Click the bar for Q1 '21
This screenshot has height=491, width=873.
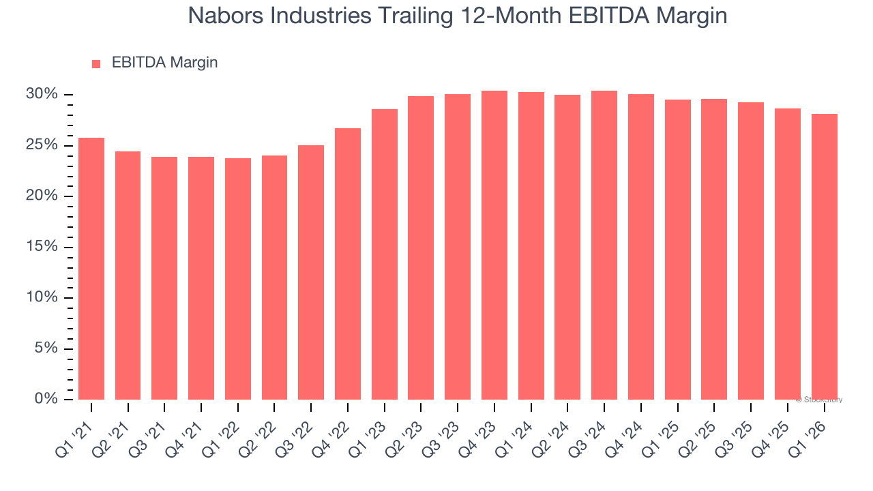point(91,269)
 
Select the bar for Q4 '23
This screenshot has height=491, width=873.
point(494,245)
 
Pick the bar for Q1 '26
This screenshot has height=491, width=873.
point(824,256)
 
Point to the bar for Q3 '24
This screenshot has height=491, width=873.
point(604,245)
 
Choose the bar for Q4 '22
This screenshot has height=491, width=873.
point(348,264)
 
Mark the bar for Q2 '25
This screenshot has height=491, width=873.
point(714,250)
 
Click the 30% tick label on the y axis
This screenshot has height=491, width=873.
point(42,94)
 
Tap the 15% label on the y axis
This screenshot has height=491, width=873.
point(42,247)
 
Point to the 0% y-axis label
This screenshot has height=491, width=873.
point(46,399)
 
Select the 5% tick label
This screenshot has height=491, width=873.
point(46,348)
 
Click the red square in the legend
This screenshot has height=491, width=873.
point(96,63)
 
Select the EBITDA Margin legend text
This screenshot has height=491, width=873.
point(164,63)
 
